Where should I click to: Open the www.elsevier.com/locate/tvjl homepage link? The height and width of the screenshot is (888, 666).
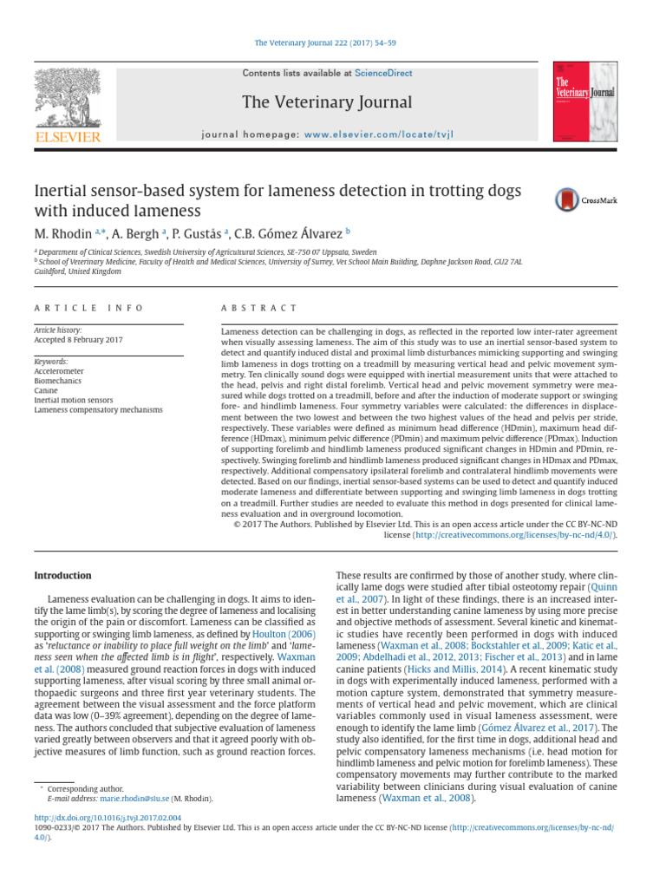(379, 135)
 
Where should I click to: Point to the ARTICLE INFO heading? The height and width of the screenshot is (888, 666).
(88, 308)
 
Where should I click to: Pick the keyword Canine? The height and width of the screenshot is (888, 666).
(47, 389)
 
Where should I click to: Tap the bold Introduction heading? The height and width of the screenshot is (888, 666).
(62, 575)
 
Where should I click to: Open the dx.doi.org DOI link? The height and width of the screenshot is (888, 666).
(107, 817)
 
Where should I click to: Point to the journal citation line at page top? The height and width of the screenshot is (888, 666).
(324, 42)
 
